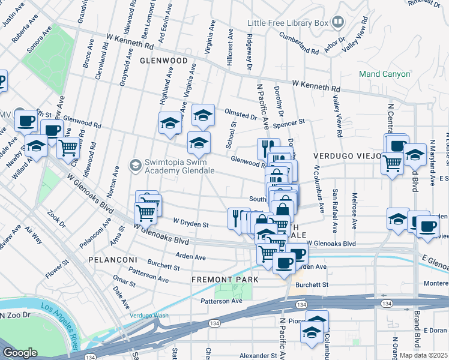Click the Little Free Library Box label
click(x=288, y=23)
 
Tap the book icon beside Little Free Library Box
click(x=338, y=23)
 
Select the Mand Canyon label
click(x=384, y=74)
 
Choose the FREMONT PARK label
click(x=225, y=280)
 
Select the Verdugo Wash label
click(x=149, y=316)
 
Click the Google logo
click(x=20, y=353)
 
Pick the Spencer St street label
click(x=289, y=122)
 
